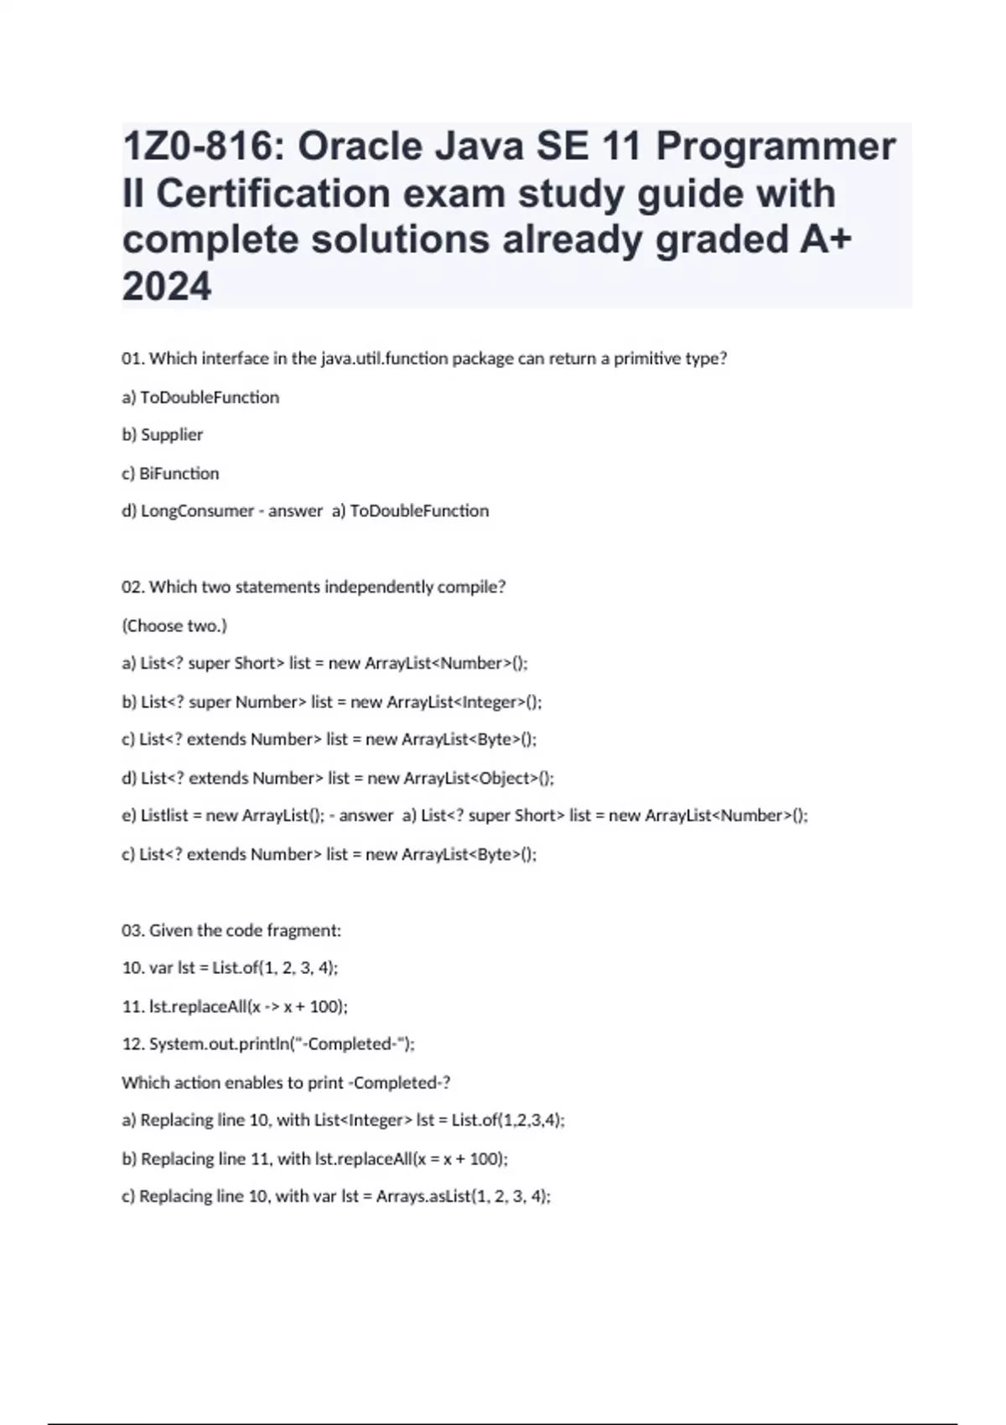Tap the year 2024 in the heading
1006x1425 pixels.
(167, 288)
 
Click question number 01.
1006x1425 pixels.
(132, 359)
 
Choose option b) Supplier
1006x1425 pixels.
(163, 435)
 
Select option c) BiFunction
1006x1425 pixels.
(170, 474)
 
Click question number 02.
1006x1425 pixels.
(132, 588)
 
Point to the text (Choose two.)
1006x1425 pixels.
(174, 626)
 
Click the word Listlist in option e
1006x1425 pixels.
(164, 816)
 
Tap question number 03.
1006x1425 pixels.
(132, 931)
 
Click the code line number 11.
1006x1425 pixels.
(132, 1007)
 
